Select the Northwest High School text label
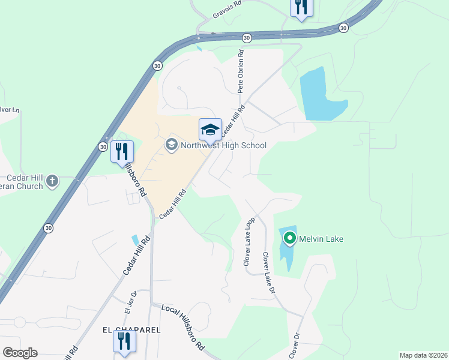(223, 145)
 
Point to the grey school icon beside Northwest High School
(171, 145)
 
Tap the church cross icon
(52, 180)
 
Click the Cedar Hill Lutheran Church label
(25, 182)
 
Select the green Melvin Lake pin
(289, 239)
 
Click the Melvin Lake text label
(321, 239)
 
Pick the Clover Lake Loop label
(249, 241)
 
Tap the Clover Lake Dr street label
(268, 272)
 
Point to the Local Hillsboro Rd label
(184, 328)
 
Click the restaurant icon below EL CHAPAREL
(124, 342)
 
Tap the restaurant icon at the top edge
(300, 8)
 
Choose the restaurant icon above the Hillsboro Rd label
(122, 152)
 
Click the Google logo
(20, 352)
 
